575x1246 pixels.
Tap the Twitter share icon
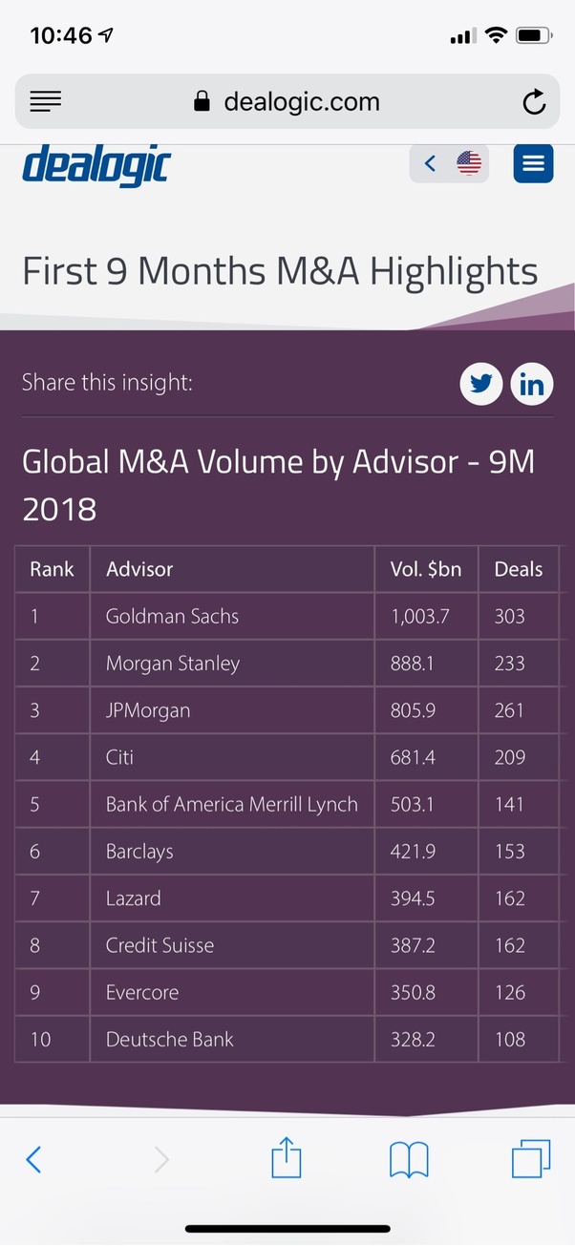coord(480,385)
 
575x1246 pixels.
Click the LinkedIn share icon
coord(532,385)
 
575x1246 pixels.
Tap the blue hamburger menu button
coord(533,163)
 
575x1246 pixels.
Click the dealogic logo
coord(96,165)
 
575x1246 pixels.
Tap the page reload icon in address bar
coord(534,102)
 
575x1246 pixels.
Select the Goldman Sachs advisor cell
coord(172,616)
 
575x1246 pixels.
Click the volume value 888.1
coord(412,664)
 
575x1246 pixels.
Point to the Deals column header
coord(518,569)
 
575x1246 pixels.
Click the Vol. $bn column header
coord(425,569)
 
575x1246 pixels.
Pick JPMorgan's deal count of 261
coord(509,710)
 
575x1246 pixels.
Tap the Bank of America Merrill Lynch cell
coord(231,804)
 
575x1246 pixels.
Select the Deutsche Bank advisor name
coord(169,1039)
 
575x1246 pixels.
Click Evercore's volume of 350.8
coord(413,992)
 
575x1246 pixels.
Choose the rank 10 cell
coord(40,1039)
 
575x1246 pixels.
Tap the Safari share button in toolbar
coord(287,1159)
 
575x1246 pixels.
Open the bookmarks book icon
coord(409,1160)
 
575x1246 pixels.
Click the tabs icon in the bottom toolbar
coord(531,1160)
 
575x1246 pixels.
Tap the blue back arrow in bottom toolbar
coord(33,1160)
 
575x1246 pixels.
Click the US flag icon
coord(469,163)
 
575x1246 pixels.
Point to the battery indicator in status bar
coord(532,36)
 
